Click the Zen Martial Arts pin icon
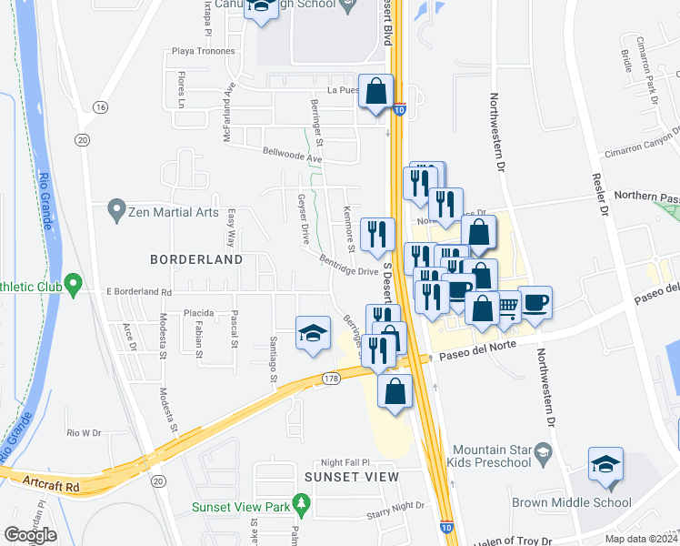click(x=115, y=211)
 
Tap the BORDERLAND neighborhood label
click(x=197, y=259)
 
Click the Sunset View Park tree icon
click(x=305, y=503)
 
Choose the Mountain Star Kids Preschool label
click(x=491, y=456)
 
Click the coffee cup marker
click(x=535, y=301)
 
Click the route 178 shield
click(x=330, y=378)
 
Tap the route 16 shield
click(x=100, y=107)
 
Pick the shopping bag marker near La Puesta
click(x=375, y=91)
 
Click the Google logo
click(x=29, y=535)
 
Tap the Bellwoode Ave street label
click(x=293, y=157)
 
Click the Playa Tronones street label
click(x=197, y=52)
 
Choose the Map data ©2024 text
click(x=640, y=539)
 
